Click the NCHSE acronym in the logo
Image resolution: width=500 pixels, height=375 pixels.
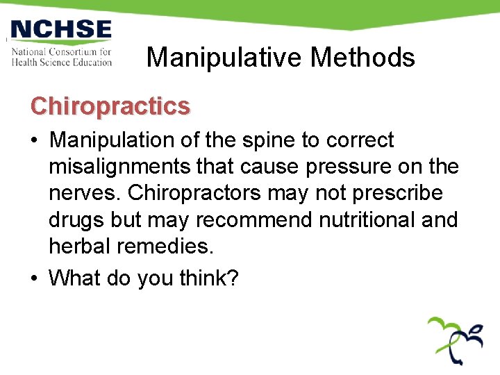click(x=61, y=31)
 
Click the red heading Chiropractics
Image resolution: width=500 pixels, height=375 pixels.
click(x=110, y=106)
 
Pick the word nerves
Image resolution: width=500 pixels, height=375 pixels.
click(x=78, y=193)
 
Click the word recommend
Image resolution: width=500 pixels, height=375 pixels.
click(x=254, y=220)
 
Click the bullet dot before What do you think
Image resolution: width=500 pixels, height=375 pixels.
click(x=35, y=278)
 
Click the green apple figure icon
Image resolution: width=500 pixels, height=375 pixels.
click(x=456, y=339)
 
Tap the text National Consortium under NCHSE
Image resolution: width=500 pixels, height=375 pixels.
click(x=61, y=51)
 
